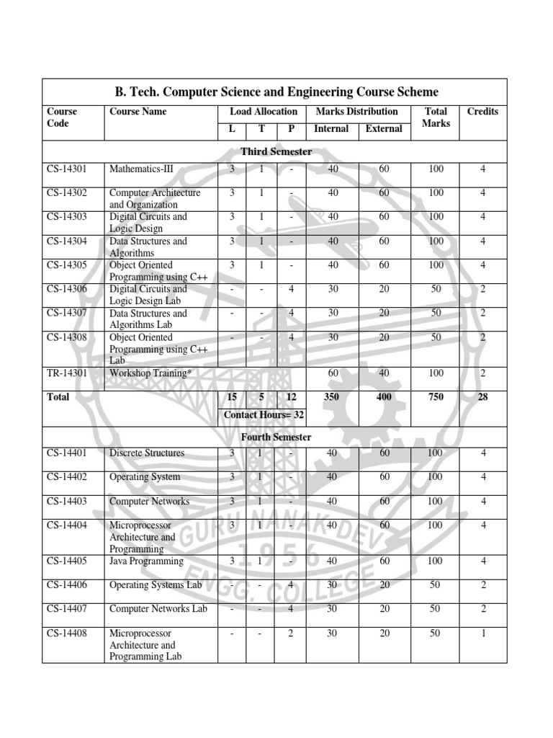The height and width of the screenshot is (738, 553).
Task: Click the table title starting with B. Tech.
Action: [x=276, y=92]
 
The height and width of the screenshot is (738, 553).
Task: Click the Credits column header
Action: [x=482, y=112]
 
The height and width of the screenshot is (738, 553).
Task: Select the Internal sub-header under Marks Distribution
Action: [x=331, y=129]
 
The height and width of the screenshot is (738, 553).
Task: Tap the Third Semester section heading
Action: [x=276, y=151]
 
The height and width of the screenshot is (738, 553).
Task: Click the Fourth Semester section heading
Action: [x=276, y=437]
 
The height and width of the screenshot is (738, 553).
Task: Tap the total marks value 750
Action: [x=436, y=397]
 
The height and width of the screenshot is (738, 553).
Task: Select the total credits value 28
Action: [x=482, y=397]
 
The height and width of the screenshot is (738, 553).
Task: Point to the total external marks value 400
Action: [x=384, y=397]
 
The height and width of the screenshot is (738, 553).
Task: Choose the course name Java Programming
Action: [x=146, y=561]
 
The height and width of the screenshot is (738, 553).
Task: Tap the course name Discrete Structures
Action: [x=146, y=453]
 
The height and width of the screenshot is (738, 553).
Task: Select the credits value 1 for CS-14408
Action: [x=483, y=633]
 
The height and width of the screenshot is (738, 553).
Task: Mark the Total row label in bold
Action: [x=58, y=397]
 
